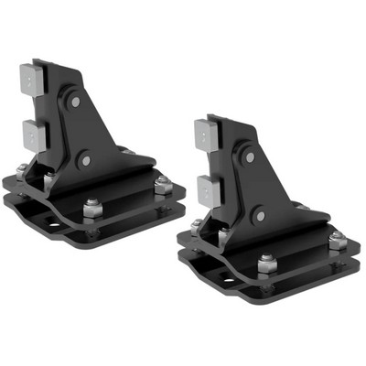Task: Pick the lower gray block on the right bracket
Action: point(206,189)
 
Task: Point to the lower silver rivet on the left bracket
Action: point(85,160)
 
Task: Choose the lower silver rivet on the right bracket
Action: point(260,216)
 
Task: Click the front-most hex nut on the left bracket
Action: point(91,209)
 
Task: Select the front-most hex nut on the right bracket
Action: point(266,264)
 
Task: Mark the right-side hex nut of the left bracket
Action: point(162,186)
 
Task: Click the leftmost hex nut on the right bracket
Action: point(196,224)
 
